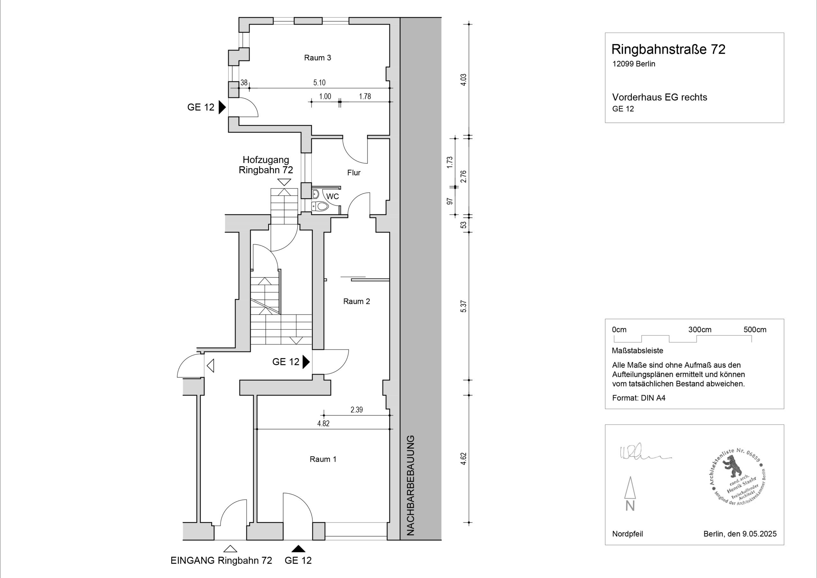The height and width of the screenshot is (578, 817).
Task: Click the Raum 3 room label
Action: [318, 58]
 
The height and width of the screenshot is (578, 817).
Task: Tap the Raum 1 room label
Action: [323, 459]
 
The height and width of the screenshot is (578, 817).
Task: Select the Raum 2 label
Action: [356, 302]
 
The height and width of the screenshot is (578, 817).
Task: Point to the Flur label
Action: [354, 173]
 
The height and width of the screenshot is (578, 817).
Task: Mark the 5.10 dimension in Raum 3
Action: [319, 83]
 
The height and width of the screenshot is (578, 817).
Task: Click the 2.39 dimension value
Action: [356, 410]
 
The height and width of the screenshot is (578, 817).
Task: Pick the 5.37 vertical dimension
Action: [463, 306]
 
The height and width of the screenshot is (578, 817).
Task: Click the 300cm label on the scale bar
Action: [700, 330]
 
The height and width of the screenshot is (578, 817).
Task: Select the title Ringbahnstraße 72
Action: [668, 50]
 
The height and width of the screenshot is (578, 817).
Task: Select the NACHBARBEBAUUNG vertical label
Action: [411, 485]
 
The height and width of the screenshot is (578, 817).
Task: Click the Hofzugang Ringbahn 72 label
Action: [266, 165]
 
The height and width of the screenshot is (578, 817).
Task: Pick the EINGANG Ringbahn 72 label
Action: [221, 560]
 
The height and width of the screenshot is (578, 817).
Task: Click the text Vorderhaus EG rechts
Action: [659, 97]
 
